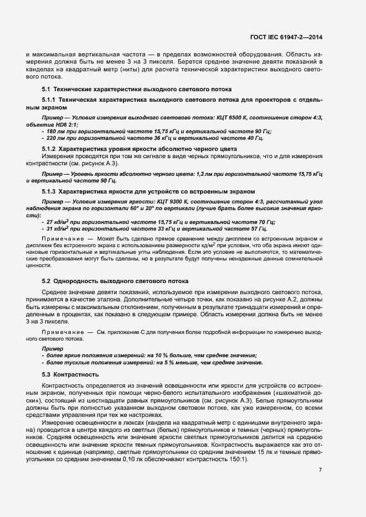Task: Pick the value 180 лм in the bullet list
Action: tap(56, 131)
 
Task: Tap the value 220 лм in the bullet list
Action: tap(56, 138)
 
